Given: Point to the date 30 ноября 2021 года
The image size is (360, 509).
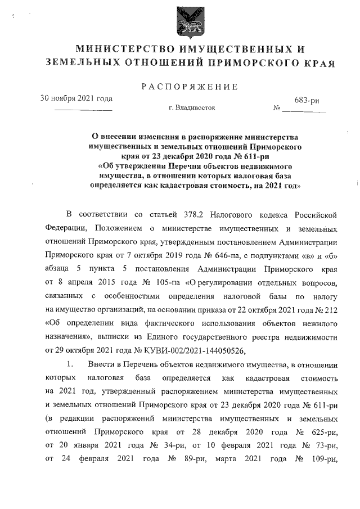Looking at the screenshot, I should (x=76, y=98).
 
